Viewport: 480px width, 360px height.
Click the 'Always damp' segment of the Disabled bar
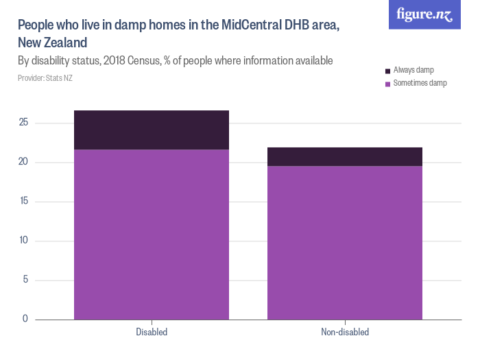coord(152,130)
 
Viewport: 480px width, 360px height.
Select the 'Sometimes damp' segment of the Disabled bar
coord(152,234)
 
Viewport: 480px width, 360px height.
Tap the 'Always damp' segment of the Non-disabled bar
coord(344,156)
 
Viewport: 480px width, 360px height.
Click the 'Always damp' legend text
coord(413,71)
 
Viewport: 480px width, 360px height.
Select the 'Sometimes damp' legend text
coord(420,83)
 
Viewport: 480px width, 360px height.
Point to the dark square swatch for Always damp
coord(388,71)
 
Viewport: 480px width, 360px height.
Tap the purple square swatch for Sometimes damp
coord(388,84)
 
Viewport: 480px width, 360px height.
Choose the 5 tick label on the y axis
coord(25,280)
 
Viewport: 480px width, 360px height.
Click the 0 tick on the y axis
coord(25,319)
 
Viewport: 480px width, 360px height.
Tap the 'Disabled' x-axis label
coord(152,333)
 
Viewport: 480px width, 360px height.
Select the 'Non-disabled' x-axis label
coord(344,333)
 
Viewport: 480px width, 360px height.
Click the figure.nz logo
coord(424,14)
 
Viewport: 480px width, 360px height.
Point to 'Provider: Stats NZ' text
coord(45,78)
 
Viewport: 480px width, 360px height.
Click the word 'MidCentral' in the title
coord(253,25)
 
